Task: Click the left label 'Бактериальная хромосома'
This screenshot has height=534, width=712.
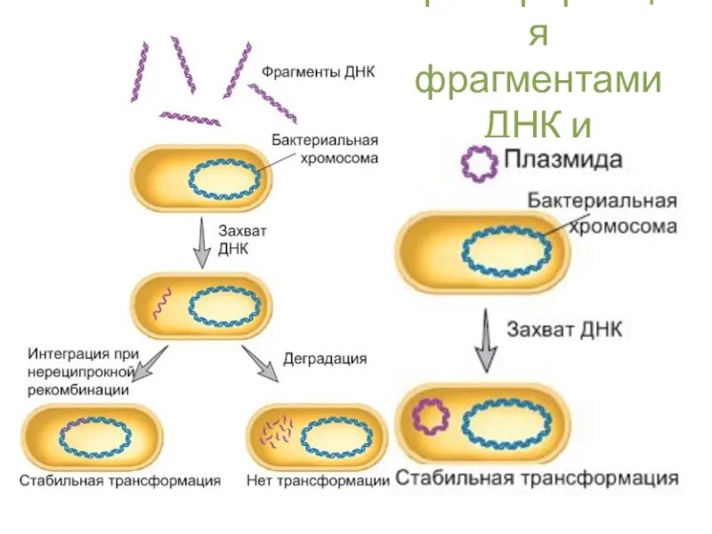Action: pyautogui.click(x=325, y=150)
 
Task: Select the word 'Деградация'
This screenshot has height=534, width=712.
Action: pyautogui.click(x=325, y=360)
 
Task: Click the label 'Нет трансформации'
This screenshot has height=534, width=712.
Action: pyautogui.click(x=319, y=481)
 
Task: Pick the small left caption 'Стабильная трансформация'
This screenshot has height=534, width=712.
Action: pyautogui.click(x=120, y=481)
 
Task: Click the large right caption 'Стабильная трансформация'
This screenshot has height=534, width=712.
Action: pyautogui.click(x=537, y=478)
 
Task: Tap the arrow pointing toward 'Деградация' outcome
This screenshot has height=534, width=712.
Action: pyautogui.click(x=259, y=362)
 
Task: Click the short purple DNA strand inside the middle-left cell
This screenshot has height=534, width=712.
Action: pyautogui.click(x=161, y=303)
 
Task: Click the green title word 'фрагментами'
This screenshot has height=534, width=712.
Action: pyautogui.click(x=539, y=82)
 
